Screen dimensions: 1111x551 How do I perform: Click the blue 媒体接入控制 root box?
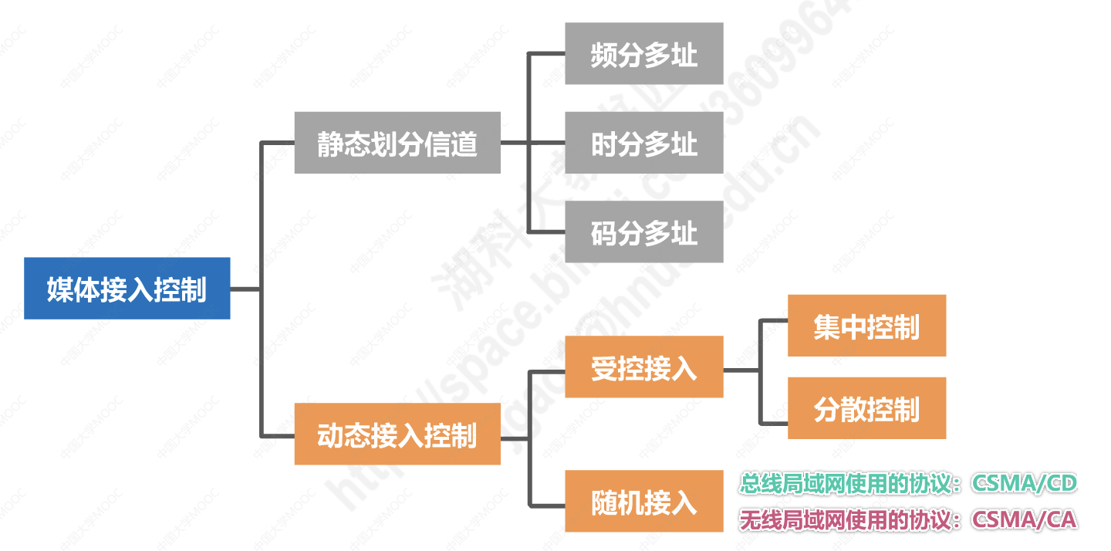(x=127, y=289)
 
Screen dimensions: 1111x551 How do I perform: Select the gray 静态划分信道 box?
(x=397, y=143)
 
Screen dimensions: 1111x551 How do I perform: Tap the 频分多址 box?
(x=643, y=54)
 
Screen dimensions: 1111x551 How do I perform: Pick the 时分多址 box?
(x=643, y=143)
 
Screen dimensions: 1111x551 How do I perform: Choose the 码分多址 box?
(x=643, y=232)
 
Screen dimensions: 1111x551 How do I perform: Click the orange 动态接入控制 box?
(x=397, y=434)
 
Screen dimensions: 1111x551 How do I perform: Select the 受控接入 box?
(x=643, y=367)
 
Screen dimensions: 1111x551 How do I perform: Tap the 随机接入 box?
(x=643, y=502)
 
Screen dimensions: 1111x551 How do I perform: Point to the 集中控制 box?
(x=866, y=326)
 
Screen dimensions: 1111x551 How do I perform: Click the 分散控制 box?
(x=866, y=408)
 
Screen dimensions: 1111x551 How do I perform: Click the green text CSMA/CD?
(x=1024, y=484)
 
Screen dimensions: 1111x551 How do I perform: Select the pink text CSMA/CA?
(x=1024, y=519)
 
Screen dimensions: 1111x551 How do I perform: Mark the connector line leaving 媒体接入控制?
(x=245, y=289)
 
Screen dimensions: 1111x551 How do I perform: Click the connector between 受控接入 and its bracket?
(x=741, y=370)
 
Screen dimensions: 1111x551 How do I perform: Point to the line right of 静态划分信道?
(x=514, y=143)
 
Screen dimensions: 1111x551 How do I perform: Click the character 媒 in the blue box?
(x=59, y=289)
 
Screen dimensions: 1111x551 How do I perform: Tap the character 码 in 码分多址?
(x=604, y=232)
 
